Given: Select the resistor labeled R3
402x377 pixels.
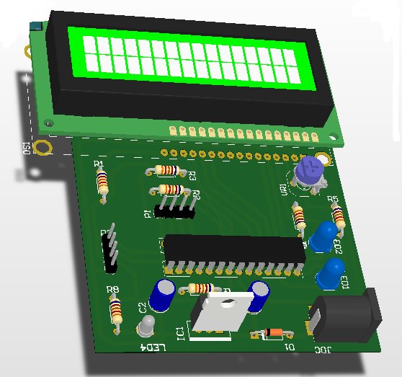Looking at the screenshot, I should click(167, 171).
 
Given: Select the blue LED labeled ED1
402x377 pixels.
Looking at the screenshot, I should click(331, 273).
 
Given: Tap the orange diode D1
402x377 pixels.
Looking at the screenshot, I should click(273, 333).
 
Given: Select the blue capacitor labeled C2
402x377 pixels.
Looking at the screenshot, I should click(162, 295).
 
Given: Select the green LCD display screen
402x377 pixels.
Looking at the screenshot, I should click(192, 57).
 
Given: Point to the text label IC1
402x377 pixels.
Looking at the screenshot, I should click(182, 332).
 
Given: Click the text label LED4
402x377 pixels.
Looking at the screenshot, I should click(155, 348).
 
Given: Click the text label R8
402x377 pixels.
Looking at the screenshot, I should click(112, 290).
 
